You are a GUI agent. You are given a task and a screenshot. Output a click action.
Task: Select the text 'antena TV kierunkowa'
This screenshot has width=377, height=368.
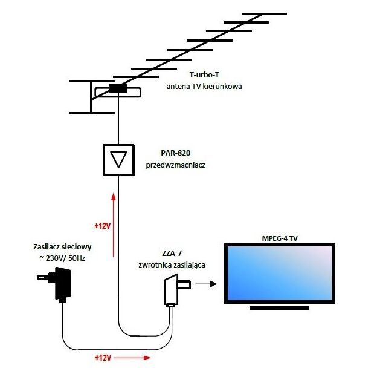204,87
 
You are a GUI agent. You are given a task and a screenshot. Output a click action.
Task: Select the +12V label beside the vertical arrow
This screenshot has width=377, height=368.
102,226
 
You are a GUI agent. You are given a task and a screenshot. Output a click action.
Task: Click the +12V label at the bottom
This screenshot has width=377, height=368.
103,358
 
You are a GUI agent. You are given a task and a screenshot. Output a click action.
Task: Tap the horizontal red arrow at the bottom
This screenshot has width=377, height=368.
131,358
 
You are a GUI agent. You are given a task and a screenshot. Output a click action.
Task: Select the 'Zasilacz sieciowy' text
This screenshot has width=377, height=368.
62,247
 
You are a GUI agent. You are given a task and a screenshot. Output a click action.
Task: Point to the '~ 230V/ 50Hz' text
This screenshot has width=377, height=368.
62,258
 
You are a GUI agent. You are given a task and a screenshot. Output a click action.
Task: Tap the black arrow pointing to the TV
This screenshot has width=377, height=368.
207,283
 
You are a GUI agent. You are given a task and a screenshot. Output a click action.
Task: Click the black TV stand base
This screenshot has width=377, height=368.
279,308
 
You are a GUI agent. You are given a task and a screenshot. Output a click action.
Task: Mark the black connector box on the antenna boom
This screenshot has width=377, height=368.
118,89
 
